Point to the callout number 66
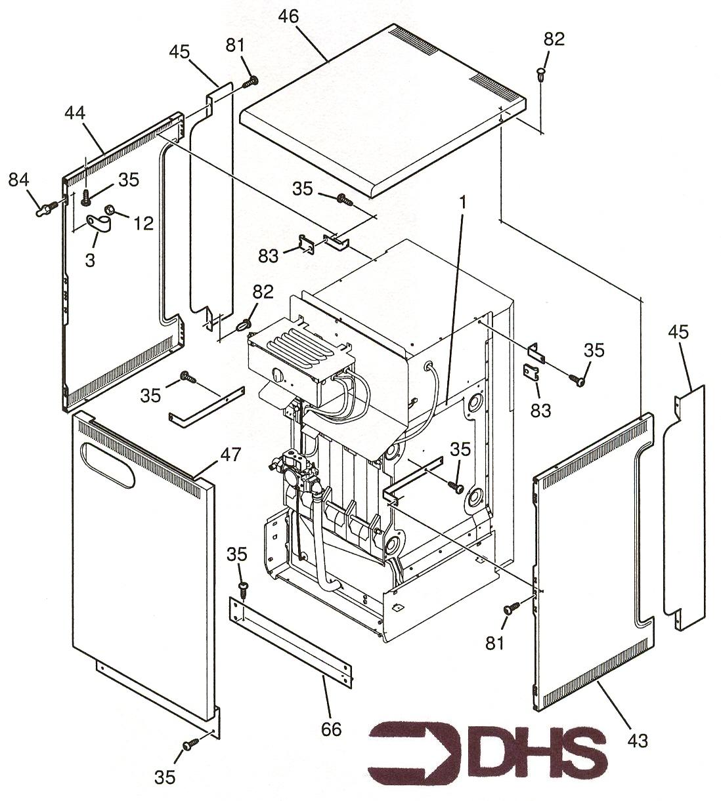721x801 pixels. pyautogui.click(x=332, y=729)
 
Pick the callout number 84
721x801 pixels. pyautogui.click(x=18, y=178)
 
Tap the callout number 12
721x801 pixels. pyautogui.click(x=143, y=223)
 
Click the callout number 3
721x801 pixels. pyautogui.click(x=90, y=259)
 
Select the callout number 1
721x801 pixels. pyautogui.click(x=464, y=203)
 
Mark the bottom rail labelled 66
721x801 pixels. pyautogui.click(x=292, y=638)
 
